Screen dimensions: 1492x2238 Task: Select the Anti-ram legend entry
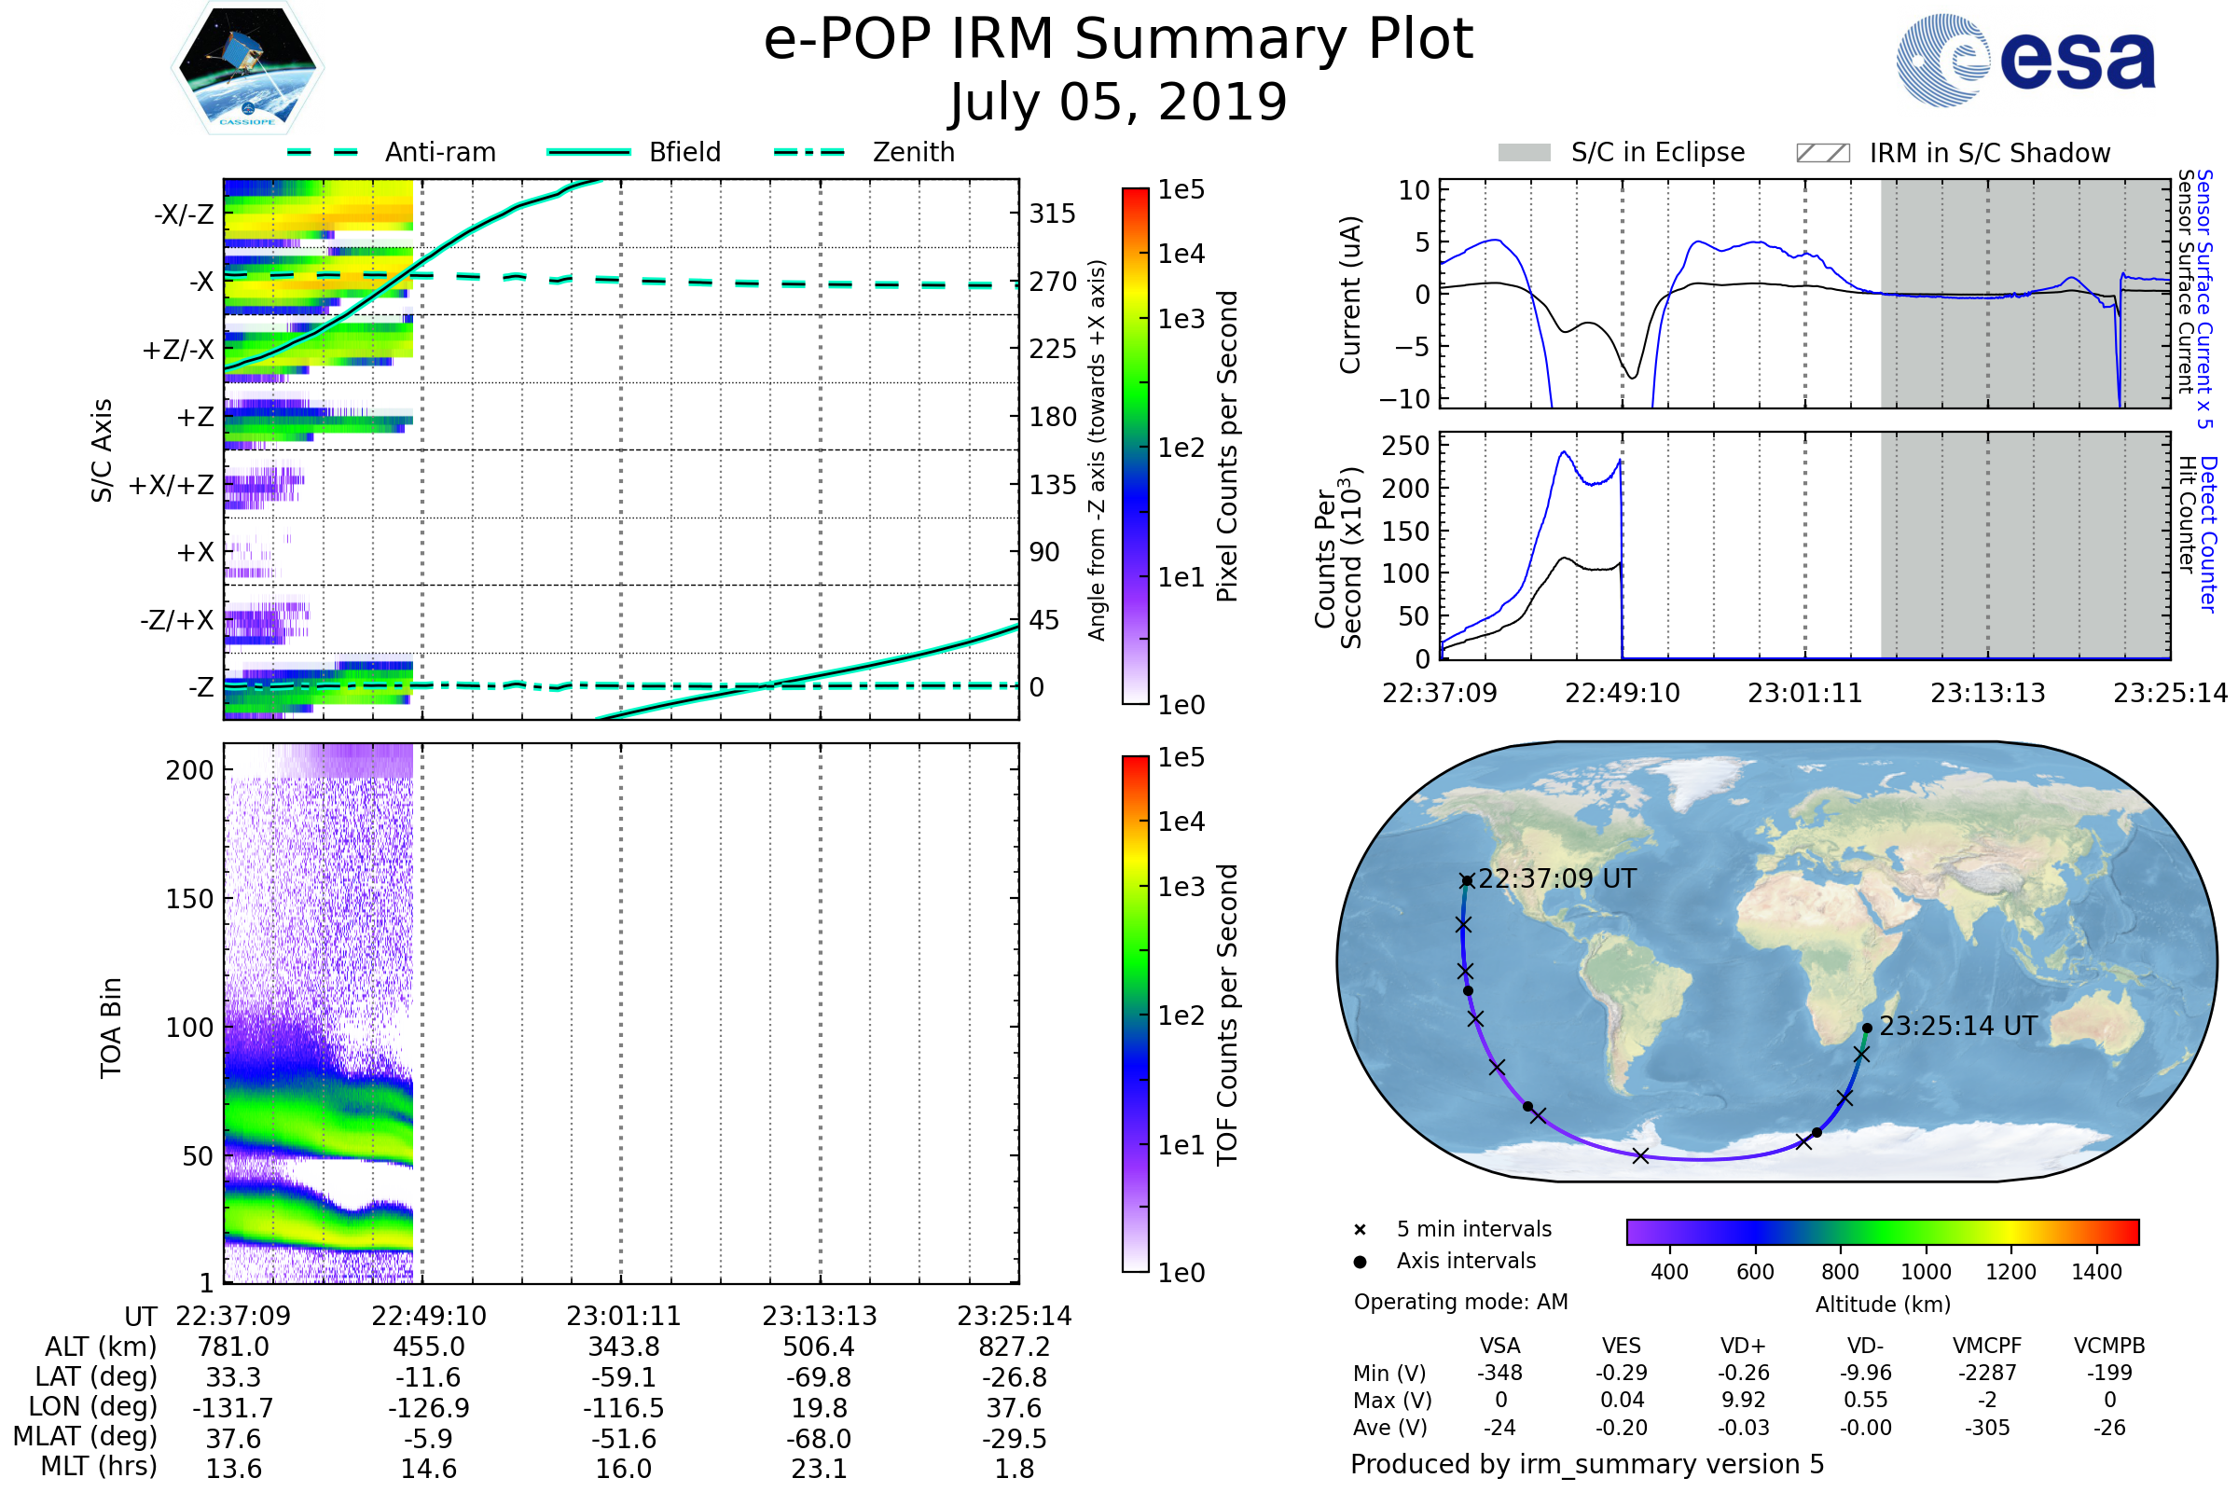click(x=439, y=152)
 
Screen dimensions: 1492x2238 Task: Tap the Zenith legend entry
click(x=913, y=152)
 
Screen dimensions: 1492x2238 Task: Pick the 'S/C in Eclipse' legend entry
click(x=1657, y=152)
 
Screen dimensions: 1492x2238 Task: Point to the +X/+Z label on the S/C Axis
click(x=172, y=485)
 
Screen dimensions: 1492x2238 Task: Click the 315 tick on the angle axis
click(x=1052, y=214)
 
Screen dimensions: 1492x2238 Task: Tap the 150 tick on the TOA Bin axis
click(x=189, y=898)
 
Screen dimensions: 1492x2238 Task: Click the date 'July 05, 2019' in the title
click(x=1118, y=102)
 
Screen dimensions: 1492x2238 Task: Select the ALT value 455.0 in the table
click(x=428, y=1347)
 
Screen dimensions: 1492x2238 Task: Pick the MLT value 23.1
click(x=819, y=1468)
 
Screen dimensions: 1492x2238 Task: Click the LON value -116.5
click(x=623, y=1407)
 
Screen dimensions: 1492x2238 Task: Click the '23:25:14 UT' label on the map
click(x=1957, y=1026)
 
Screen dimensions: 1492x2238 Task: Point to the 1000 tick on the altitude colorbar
click(x=1925, y=1271)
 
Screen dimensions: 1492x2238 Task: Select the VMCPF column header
click(x=1987, y=1346)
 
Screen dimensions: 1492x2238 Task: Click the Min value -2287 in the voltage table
click(x=1987, y=1373)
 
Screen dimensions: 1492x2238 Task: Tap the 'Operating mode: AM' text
click(x=1460, y=1302)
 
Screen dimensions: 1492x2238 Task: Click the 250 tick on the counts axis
click(x=1404, y=446)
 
